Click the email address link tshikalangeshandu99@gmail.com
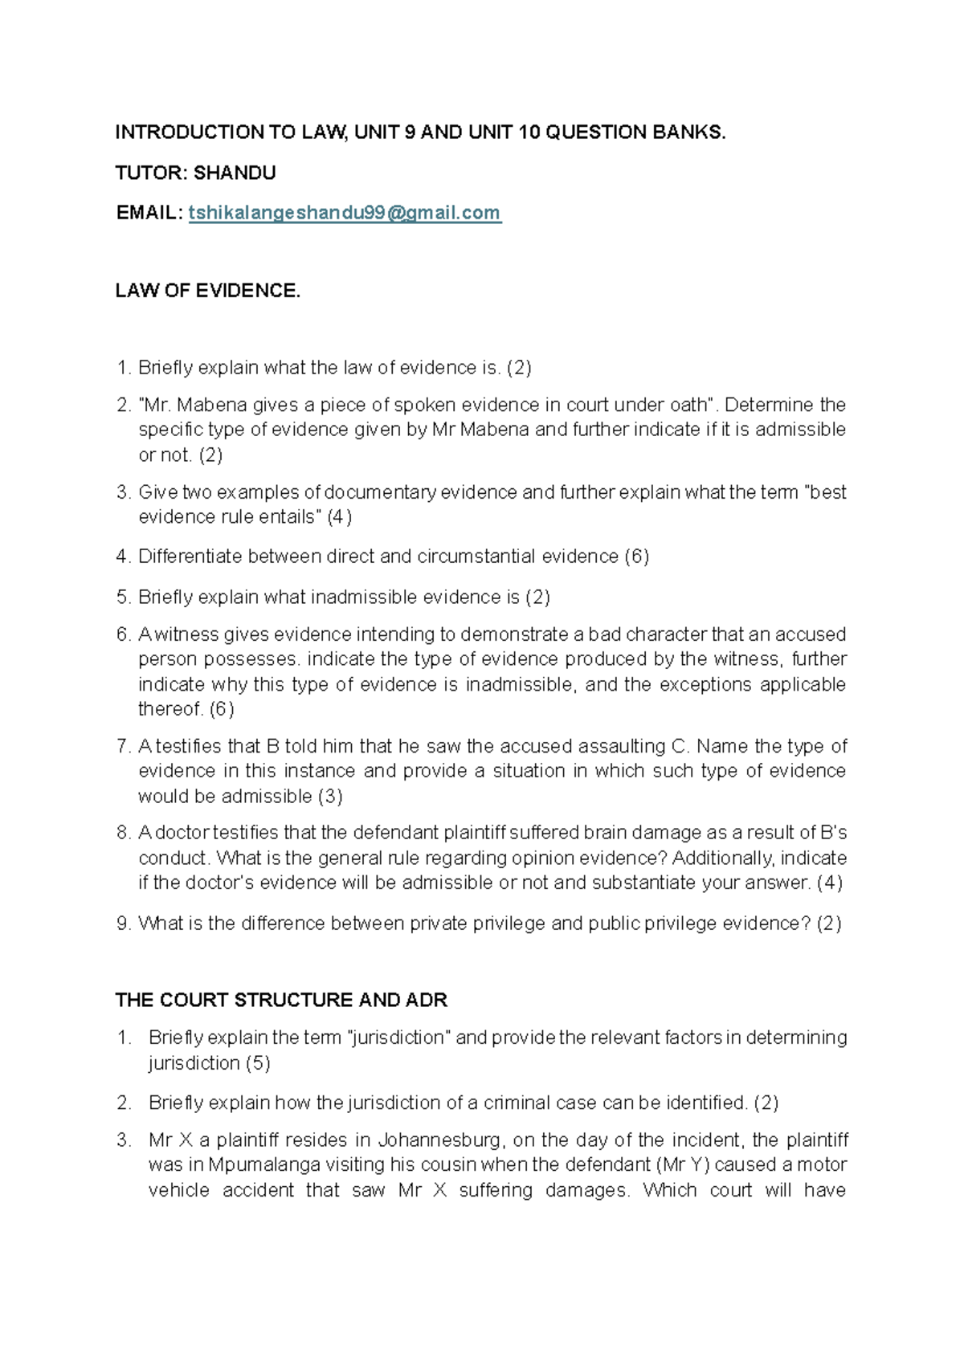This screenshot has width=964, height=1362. pyautogui.click(x=345, y=213)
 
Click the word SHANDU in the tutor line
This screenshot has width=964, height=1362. pyautogui.click(x=235, y=173)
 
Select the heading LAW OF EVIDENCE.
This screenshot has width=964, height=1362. pyautogui.click(x=207, y=291)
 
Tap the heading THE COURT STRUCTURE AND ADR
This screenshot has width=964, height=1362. pyautogui.click(x=281, y=1000)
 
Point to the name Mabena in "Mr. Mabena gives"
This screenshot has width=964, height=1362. pyautogui.click(x=211, y=405)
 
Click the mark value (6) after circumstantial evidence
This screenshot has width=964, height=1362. pyautogui.click(x=637, y=557)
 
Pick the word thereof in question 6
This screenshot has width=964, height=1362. pyautogui.click(x=170, y=709)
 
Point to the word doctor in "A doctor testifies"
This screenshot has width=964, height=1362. pyautogui.click(x=182, y=833)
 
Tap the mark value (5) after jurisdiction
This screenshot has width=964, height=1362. pyautogui.click(x=258, y=1063)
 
